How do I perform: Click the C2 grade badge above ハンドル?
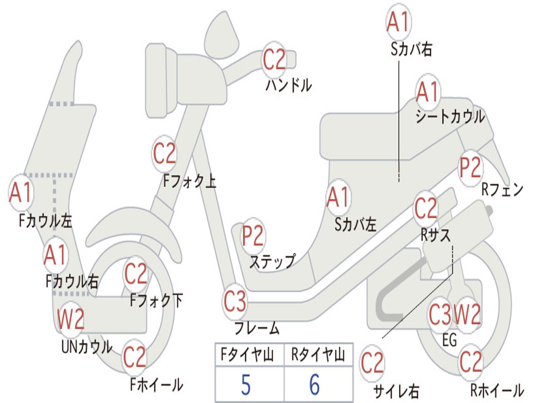point(274,59)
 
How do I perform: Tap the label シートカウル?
point(450,117)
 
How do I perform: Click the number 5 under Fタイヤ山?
point(245,385)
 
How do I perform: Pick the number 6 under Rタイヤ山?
point(314,385)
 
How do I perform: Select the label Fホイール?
point(156,385)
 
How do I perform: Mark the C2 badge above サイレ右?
point(372,363)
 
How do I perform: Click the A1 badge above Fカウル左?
point(21,193)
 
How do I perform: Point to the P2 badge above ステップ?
point(253,236)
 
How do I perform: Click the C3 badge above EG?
point(439,315)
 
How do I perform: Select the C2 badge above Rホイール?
point(470,362)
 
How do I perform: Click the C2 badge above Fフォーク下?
point(135,274)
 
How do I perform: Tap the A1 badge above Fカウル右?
point(55,256)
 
